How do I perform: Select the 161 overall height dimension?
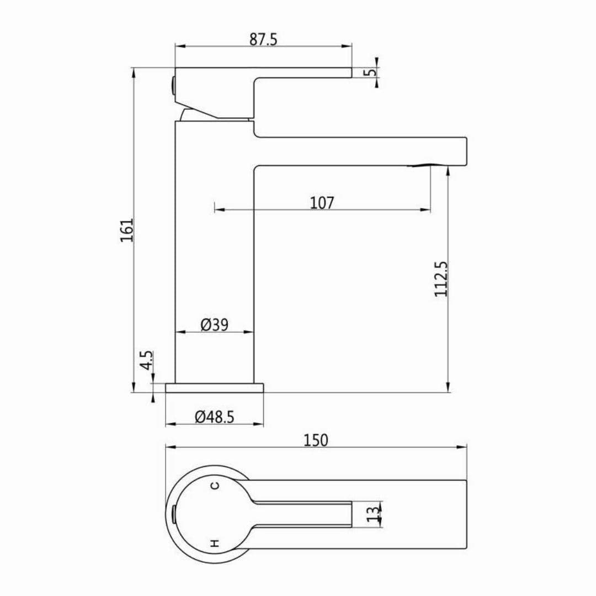tap(127, 230)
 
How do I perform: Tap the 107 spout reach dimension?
tap(322, 203)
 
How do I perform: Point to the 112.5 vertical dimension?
tap(440, 279)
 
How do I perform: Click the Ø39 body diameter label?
tap(215, 325)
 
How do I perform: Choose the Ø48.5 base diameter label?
tap(215, 417)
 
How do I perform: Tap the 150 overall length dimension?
tap(316, 440)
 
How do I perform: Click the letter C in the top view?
tap(215, 485)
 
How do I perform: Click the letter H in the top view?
tap(215, 543)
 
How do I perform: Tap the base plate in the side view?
tap(214, 388)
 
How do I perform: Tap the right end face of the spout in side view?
tap(466, 151)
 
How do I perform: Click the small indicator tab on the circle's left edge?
tap(173, 514)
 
